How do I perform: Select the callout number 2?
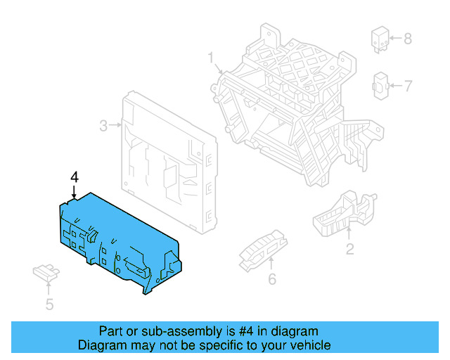point(349,248)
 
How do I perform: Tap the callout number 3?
point(103,126)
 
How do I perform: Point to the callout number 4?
point(74,176)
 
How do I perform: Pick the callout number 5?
point(49,304)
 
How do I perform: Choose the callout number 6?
point(271,279)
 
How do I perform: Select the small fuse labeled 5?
point(44,273)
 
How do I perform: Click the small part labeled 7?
point(380,86)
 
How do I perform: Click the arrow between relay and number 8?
point(395,38)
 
